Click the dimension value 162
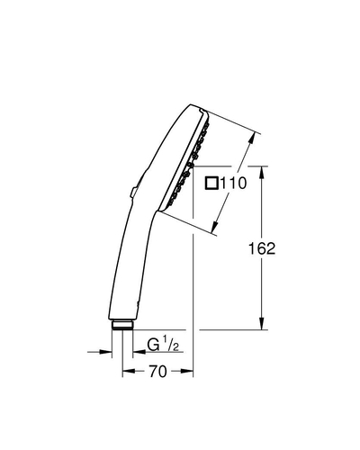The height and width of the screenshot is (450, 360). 262,248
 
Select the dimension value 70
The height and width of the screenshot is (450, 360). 157,372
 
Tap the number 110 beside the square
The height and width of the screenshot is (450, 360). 233,184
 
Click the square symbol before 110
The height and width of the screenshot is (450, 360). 211,184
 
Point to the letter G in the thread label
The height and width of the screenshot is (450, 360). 153,344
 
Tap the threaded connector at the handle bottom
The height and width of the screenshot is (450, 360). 122,325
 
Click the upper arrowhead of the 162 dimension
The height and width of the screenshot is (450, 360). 262,173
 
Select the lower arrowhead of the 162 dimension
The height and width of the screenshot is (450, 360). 262,323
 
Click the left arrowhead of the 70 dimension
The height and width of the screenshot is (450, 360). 129,372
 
